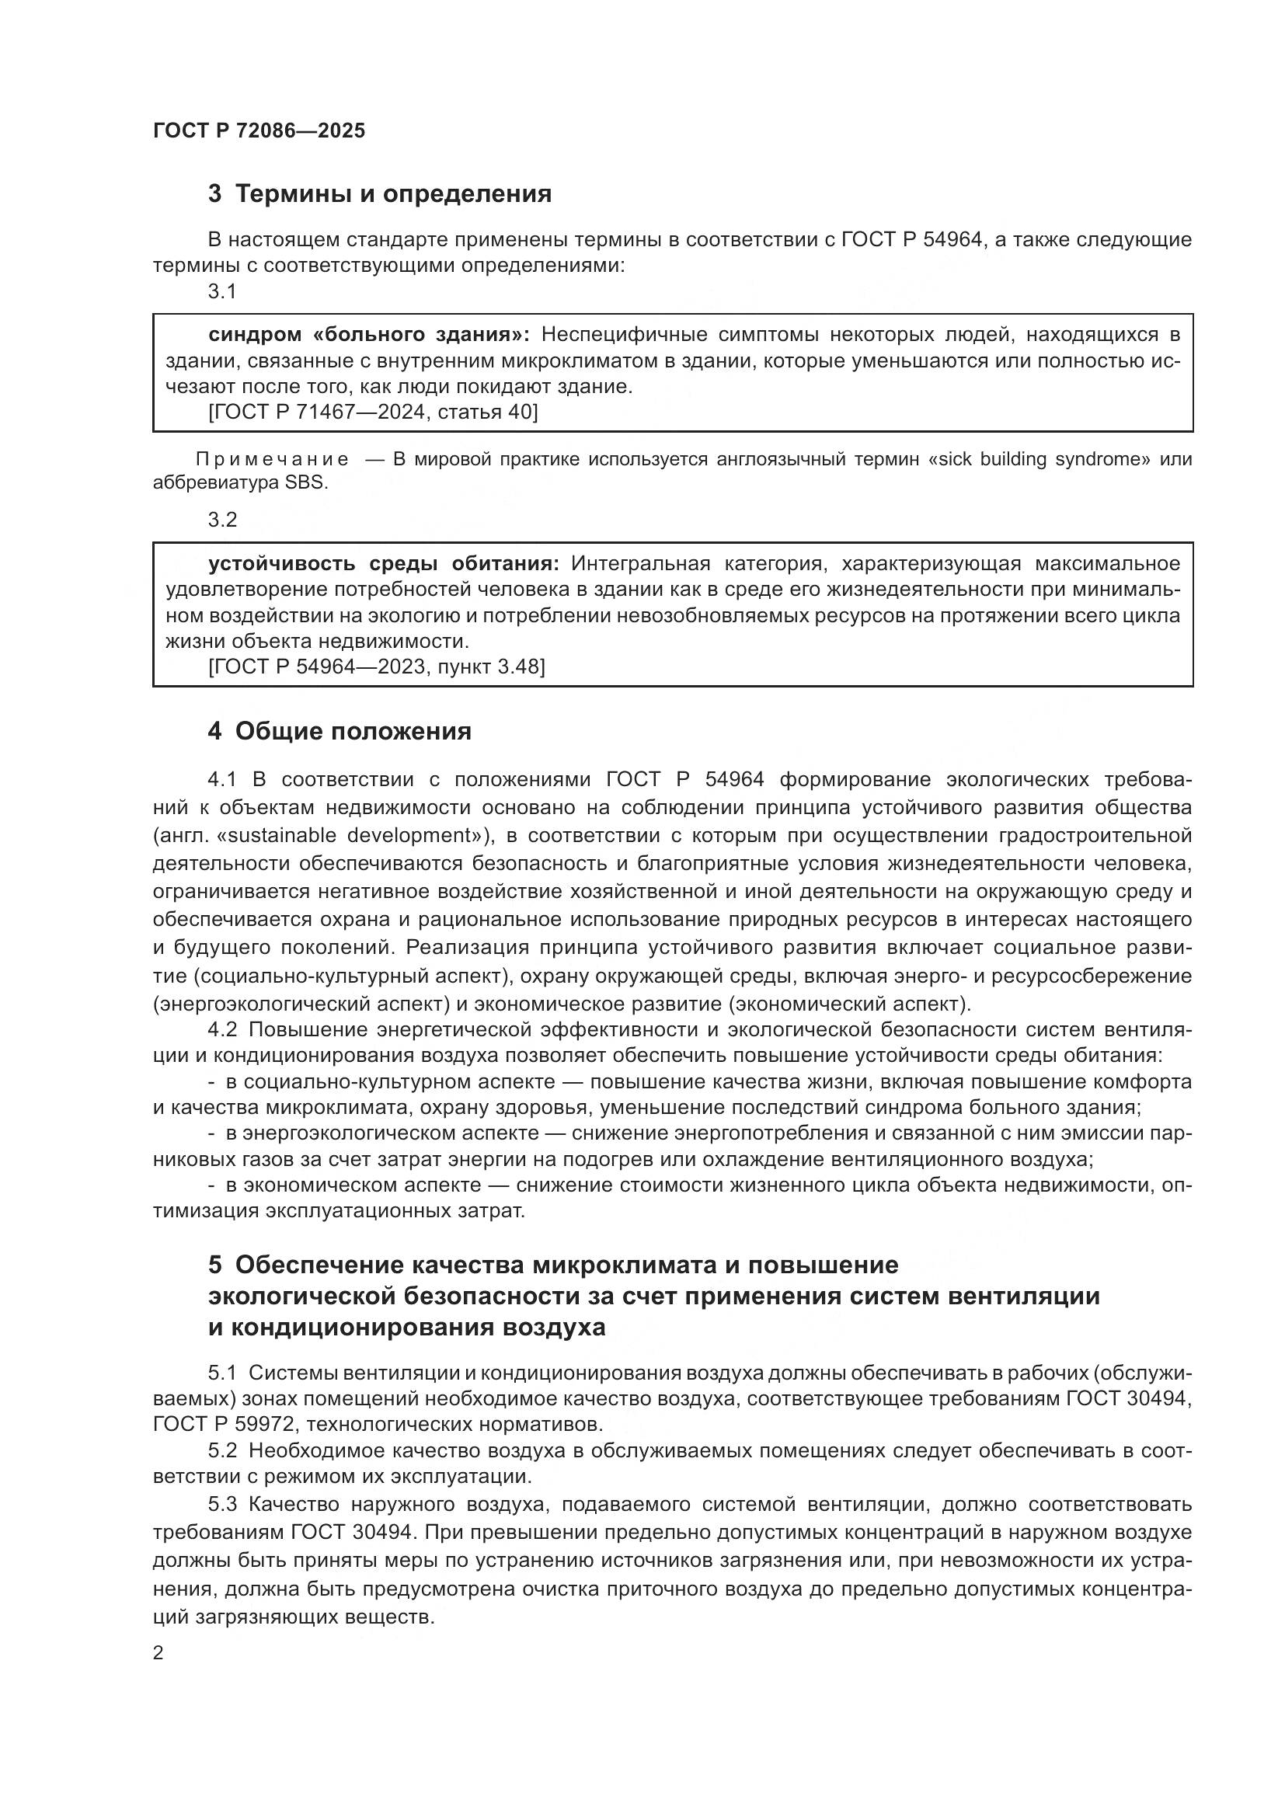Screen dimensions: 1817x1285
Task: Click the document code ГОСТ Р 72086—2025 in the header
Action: point(259,131)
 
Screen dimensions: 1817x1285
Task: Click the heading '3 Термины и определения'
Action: point(379,194)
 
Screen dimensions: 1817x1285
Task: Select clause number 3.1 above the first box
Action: point(222,292)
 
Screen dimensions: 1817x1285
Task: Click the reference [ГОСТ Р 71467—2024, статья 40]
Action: point(373,412)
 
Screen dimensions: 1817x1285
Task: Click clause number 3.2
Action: point(222,520)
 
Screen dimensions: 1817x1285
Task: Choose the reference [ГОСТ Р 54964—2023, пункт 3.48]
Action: point(377,667)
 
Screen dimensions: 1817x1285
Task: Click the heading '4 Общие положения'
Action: point(340,731)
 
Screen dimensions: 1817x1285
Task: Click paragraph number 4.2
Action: point(222,1030)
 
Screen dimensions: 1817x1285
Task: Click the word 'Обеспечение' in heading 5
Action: point(317,1265)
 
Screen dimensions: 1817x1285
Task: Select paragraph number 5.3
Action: point(222,1505)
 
